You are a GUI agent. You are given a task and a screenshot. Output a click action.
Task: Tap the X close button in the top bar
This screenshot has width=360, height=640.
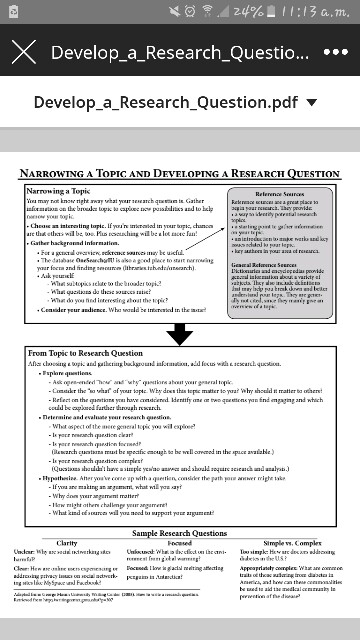[x=21, y=52]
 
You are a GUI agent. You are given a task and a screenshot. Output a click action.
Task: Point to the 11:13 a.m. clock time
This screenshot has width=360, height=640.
[x=319, y=12]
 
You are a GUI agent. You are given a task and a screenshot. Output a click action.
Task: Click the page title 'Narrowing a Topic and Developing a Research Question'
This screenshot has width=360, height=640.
[x=180, y=173]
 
